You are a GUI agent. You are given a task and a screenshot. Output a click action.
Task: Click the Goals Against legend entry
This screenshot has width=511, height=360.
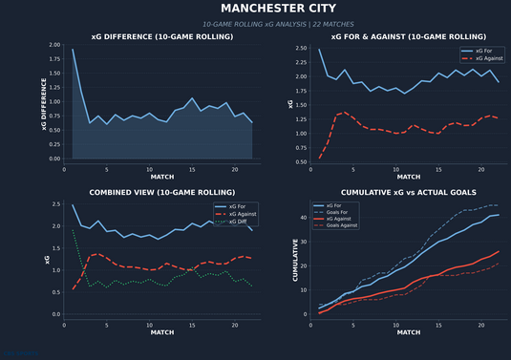coord(344,225)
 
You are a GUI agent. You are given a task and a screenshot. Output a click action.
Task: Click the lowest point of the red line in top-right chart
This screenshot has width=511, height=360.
coord(319,158)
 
